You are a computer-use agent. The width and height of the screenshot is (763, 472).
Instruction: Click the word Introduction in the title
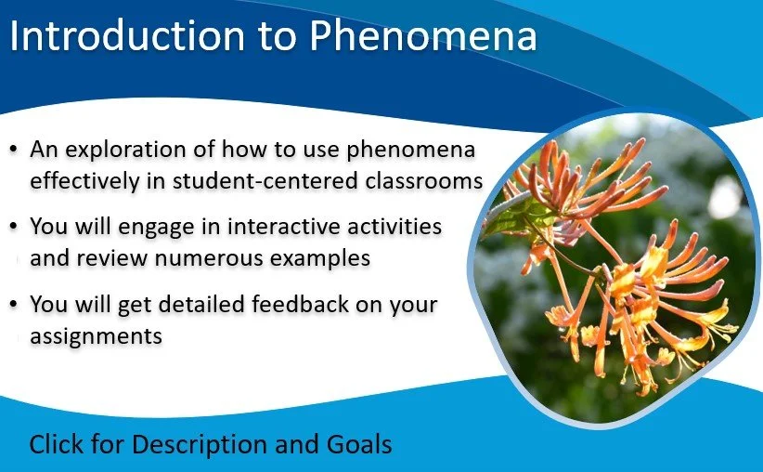(127, 35)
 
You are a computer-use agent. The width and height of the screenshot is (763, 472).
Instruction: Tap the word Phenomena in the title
(423, 35)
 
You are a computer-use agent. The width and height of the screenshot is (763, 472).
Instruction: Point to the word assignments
(96, 336)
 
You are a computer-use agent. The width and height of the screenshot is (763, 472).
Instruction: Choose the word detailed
(201, 304)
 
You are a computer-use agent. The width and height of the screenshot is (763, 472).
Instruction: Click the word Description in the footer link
(200, 445)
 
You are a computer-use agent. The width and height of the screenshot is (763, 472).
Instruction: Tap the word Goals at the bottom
(359, 444)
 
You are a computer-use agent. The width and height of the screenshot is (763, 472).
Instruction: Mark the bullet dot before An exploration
(14, 150)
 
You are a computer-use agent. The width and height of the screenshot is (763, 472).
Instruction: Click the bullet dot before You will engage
(14, 227)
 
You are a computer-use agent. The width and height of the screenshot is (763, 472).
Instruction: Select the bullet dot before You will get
(14, 305)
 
